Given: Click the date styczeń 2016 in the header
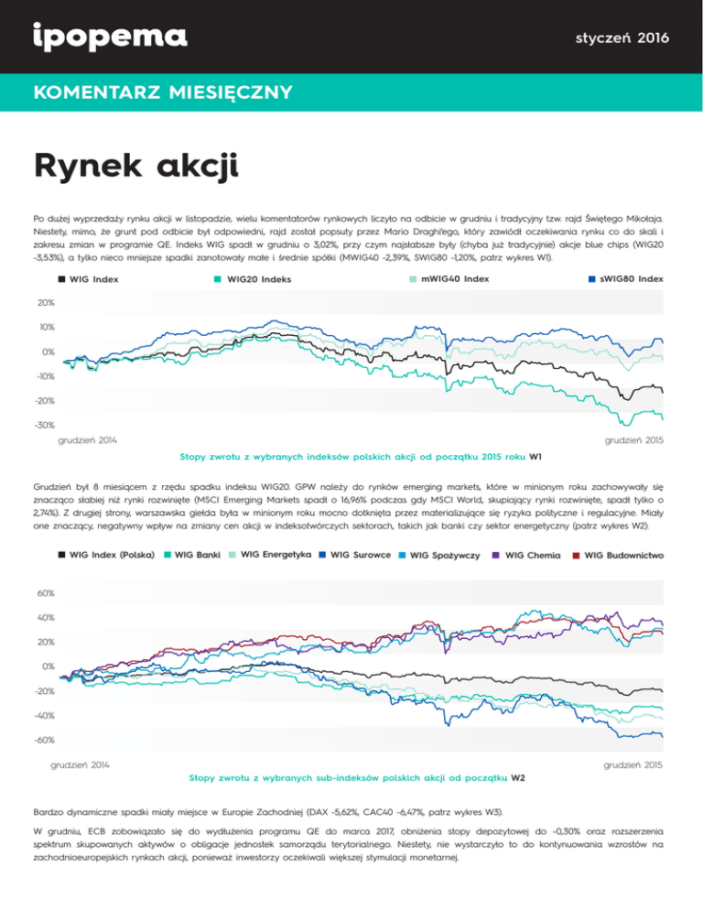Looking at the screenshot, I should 622,38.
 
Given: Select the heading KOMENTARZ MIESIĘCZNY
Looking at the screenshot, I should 161,92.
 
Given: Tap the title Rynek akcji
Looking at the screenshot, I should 135,168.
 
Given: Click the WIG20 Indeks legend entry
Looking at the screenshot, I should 248,278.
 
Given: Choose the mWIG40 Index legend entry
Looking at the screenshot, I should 448,277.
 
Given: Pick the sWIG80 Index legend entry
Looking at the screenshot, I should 625,277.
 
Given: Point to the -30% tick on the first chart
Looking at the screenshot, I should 43,426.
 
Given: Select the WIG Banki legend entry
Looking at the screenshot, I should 196,555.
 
